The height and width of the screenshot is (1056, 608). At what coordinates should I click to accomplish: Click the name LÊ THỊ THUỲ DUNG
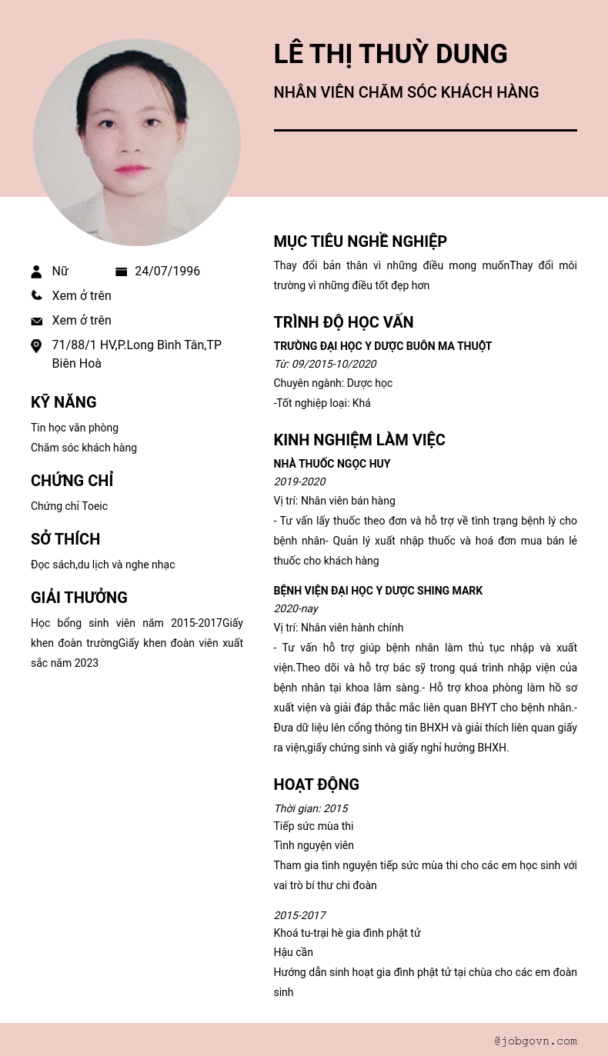pos(390,54)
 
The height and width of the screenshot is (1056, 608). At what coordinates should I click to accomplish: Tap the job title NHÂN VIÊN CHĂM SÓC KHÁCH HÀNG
pos(406,92)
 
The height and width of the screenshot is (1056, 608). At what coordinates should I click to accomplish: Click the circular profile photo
pos(137,142)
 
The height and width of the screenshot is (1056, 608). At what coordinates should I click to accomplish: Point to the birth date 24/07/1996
pos(167,271)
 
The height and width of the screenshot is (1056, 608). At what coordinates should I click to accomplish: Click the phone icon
pos(36,295)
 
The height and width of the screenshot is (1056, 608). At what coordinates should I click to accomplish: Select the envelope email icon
pos(36,321)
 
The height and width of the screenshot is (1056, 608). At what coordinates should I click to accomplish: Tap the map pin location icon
pos(36,346)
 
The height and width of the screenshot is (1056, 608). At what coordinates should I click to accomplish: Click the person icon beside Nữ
pos(36,271)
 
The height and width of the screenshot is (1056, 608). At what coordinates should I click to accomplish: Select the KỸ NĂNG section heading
pos(63,402)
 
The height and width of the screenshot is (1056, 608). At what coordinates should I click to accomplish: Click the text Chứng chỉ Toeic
pos(69,506)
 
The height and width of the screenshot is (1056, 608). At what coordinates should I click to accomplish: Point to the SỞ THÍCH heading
pos(65,539)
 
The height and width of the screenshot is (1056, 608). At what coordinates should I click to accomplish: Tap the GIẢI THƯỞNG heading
pos(79,598)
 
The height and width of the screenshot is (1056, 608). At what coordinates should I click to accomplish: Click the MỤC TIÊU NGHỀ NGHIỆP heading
pos(360,242)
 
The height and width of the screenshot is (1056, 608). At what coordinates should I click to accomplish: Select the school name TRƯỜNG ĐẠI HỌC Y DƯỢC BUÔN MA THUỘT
pos(383,346)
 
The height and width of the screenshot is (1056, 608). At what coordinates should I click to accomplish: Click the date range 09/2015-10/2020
pos(333,364)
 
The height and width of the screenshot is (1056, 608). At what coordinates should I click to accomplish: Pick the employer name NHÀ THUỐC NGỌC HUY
pos(332,464)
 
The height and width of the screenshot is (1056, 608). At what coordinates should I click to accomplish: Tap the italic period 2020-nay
pos(296,608)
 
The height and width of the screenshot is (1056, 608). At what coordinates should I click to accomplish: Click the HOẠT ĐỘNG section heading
pos(316,785)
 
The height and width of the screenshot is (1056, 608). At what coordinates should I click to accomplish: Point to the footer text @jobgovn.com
pos(536,1041)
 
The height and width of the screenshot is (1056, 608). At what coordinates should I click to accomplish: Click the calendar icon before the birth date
pos(121,271)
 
